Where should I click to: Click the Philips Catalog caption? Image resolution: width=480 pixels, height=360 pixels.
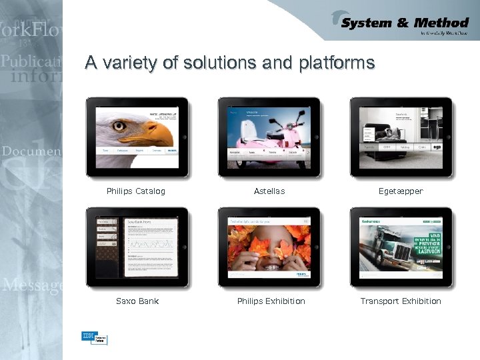(136, 191)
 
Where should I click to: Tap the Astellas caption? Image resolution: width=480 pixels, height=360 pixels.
(269, 191)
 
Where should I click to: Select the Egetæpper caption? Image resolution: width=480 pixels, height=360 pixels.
(401, 191)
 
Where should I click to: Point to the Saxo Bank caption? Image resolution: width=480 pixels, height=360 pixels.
(137, 301)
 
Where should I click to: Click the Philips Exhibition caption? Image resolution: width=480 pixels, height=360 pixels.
(271, 301)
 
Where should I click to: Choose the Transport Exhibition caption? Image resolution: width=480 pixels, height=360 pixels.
(401, 301)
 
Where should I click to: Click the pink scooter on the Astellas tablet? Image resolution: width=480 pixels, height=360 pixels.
(270, 137)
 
